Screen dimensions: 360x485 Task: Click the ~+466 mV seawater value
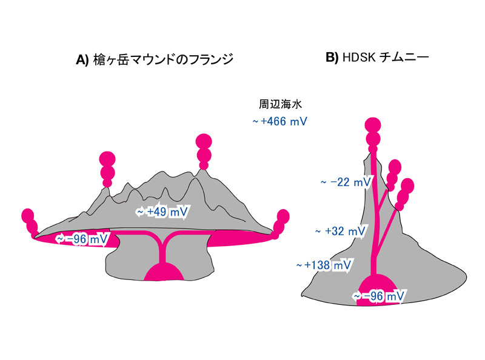tap(279, 122)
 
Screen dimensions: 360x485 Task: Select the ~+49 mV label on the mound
tap(162, 212)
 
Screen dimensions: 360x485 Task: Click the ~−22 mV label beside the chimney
tap(346, 182)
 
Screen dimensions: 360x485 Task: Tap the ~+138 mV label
tap(324, 264)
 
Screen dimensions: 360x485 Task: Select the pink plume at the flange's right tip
tap(281, 222)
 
